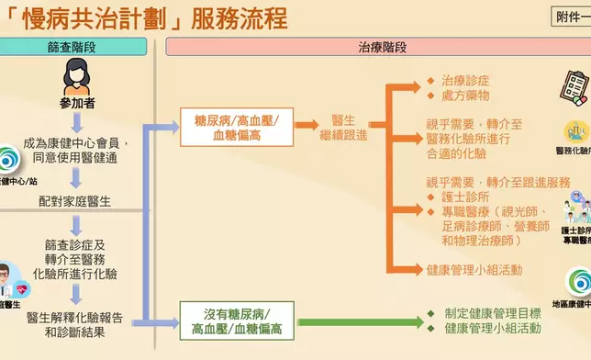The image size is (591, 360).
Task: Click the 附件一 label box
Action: tap(571, 16)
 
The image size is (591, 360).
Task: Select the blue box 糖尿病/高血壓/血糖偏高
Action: tap(238, 128)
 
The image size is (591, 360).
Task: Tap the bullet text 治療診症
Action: tap(467, 80)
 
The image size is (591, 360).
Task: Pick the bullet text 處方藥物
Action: tap(467, 96)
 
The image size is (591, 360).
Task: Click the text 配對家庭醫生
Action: tap(77, 198)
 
